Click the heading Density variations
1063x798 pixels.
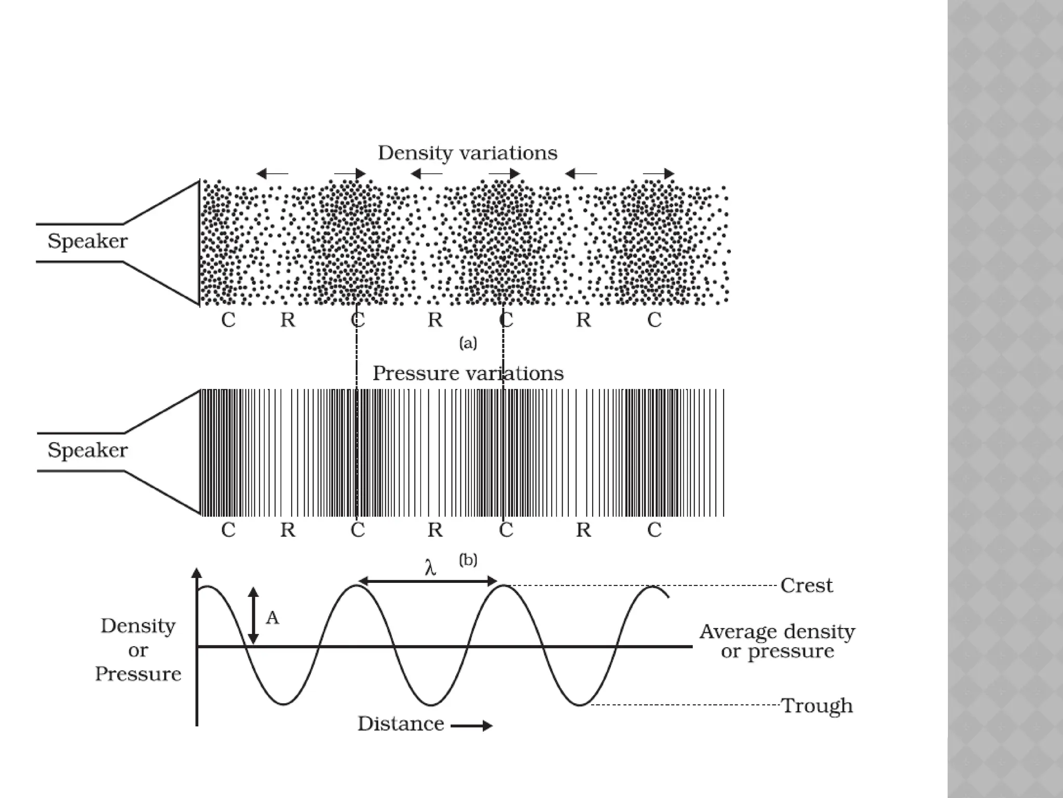point(467,153)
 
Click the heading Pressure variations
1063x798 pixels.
point(468,374)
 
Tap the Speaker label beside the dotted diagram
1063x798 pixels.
point(87,242)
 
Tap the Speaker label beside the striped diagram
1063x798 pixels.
point(87,450)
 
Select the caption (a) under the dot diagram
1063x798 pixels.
point(468,343)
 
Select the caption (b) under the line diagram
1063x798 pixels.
point(468,560)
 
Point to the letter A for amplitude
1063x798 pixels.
point(272,618)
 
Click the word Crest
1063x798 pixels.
point(806,586)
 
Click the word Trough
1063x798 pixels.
point(817,706)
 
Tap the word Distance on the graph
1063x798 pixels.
point(401,724)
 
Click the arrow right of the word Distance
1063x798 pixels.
point(471,726)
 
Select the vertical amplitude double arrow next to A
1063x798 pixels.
point(253,617)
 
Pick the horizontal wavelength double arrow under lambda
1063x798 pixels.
point(428,581)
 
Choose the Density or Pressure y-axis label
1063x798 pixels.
point(138,650)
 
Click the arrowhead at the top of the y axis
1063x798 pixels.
point(196,573)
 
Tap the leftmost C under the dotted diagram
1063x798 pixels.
point(228,320)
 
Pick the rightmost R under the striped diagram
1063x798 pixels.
point(583,530)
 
